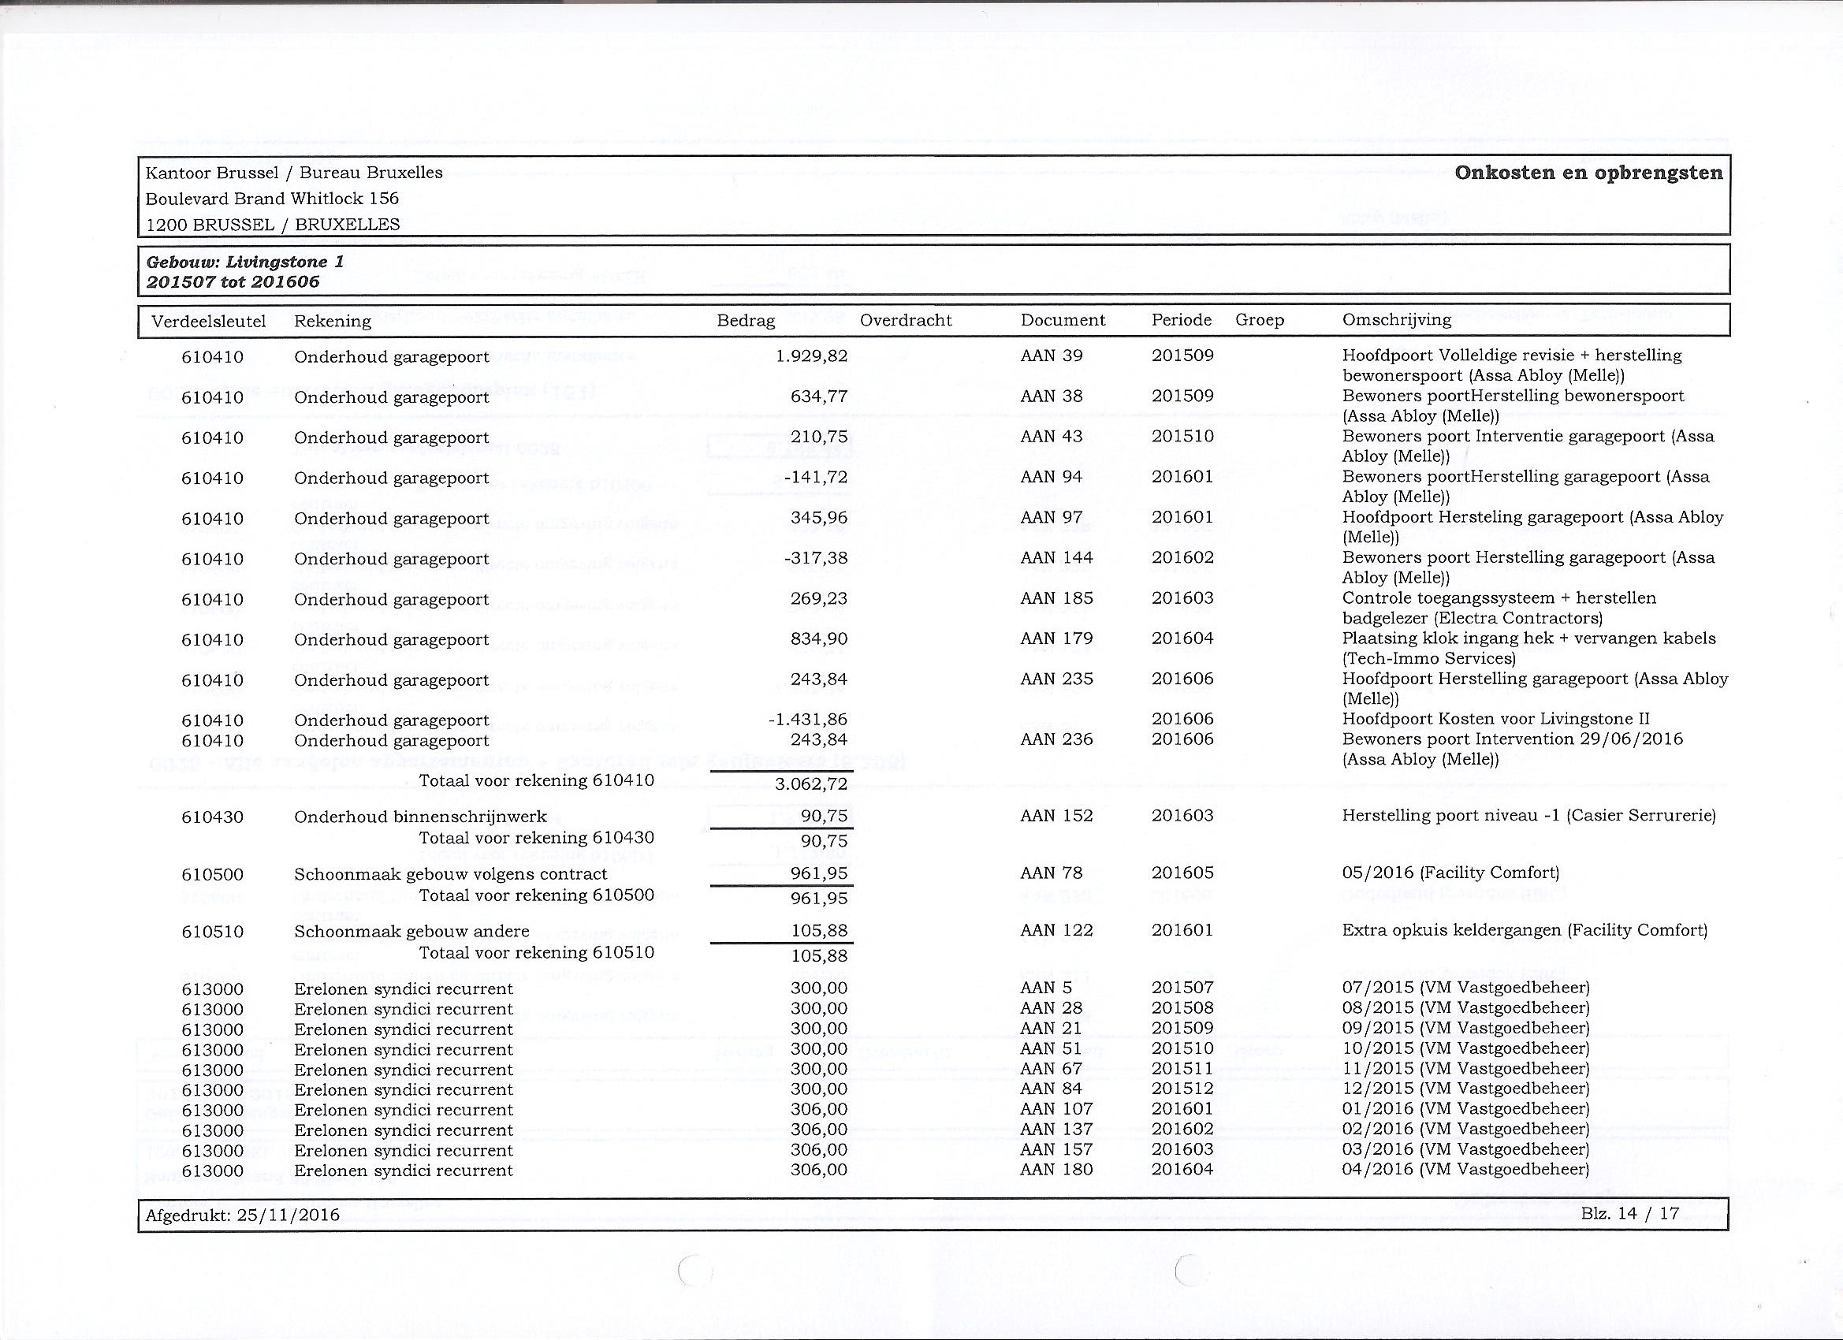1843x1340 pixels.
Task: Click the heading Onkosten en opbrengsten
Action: pyautogui.click(x=1588, y=173)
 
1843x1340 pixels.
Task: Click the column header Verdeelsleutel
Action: pyautogui.click(x=209, y=321)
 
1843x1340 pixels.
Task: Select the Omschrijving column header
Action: pyautogui.click(x=1397, y=319)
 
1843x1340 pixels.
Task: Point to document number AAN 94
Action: pyautogui.click(x=1052, y=477)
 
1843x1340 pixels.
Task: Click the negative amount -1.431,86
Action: pyautogui.click(x=808, y=720)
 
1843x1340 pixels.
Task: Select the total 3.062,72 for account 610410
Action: pyautogui.click(x=811, y=784)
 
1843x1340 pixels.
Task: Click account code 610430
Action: pyautogui.click(x=212, y=817)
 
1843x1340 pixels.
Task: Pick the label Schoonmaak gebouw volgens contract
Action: pyautogui.click(x=450, y=874)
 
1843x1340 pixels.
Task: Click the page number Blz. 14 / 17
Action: pyautogui.click(x=1630, y=1214)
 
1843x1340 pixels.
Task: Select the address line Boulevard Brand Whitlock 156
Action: pyautogui.click(x=272, y=199)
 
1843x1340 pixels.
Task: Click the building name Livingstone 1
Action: pyautogui.click(x=285, y=262)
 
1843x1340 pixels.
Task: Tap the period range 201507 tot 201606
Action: pyautogui.click(x=233, y=282)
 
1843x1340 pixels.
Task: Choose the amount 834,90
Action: pyautogui.click(x=819, y=639)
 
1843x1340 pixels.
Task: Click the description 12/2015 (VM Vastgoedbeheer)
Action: pyautogui.click(x=1466, y=1089)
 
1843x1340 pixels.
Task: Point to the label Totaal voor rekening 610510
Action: pyautogui.click(x=536, y=952)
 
